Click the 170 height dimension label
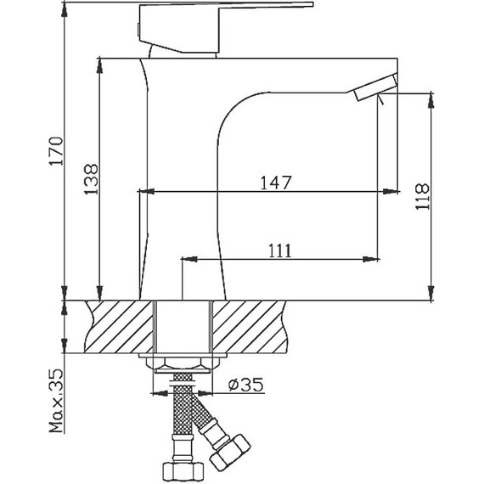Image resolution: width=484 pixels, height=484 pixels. click(55, 151)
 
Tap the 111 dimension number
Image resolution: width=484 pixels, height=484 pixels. click(280, 250)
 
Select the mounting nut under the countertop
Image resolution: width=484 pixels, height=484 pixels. click(182, 364)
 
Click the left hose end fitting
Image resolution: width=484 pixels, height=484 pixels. click(182, 466)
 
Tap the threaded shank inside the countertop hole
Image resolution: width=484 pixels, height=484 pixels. click(182, 327)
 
